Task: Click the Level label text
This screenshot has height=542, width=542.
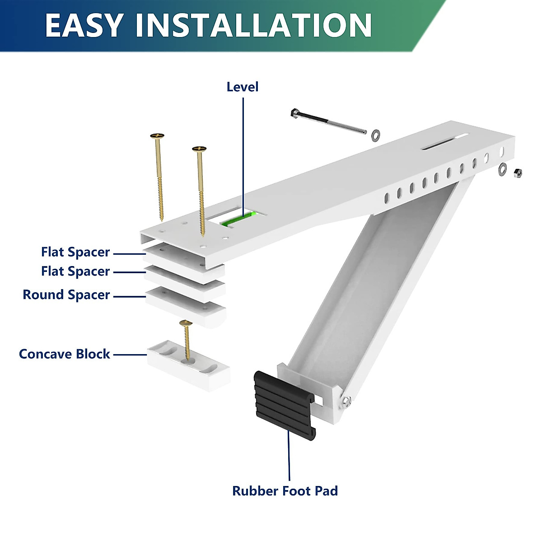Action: tap(243, 87)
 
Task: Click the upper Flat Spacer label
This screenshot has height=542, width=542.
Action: tap(75, 252)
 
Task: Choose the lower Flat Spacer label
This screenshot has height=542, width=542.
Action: tap(75, 271)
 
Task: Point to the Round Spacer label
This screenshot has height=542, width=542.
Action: tap(66, 295)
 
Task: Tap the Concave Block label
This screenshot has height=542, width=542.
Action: tap(64, 354)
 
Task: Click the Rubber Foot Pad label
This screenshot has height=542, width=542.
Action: tap(285, 491)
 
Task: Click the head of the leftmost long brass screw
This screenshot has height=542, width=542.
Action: tap(157, 135)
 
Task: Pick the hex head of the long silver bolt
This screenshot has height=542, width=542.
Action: tap(294, 113)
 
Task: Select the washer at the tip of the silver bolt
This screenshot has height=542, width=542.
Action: tap(375, 134)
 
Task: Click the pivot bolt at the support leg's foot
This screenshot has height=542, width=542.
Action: tap(346, 400)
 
